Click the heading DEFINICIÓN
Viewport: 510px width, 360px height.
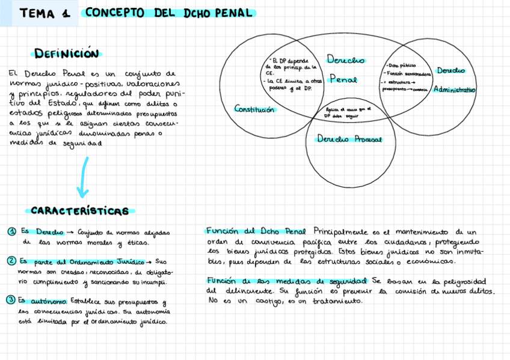point(66,54)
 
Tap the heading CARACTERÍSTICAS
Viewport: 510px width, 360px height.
point(79,211)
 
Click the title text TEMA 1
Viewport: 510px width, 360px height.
point(45,13)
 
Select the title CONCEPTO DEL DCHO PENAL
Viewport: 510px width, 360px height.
point(169,13)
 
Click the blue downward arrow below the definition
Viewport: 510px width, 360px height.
point(83,178)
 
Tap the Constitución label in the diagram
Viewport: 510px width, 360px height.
point(254,109)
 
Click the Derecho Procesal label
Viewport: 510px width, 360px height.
point(349,139)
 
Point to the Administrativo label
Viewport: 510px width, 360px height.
point(454,90)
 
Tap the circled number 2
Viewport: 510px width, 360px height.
point(11,261)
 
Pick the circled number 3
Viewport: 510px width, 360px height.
point(11,301)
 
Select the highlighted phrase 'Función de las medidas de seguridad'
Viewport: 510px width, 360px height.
point(287,281)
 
